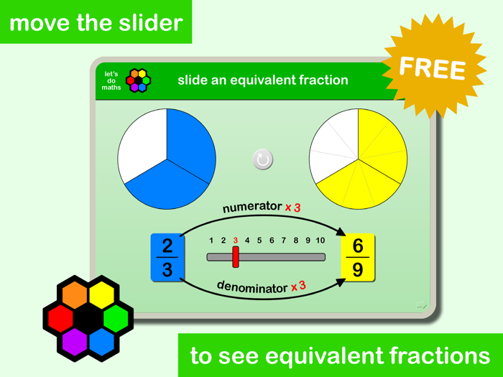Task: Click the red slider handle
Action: [236, 256]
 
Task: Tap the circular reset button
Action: [263, 159]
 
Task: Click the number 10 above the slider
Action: [320, 241]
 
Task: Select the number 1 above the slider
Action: [211, 241]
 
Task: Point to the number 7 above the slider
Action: [284, 241]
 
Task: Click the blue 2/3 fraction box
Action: [167, 257]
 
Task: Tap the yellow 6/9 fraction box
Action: [358, 257]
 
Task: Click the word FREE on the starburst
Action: [432, 68]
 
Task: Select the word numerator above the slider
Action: [251, 207]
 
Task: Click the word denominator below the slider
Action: [251, 287]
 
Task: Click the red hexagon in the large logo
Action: [60, 317]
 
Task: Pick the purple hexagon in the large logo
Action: [75, 342]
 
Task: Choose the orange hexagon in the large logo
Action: [74, 294]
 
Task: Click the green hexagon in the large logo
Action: [115, 317]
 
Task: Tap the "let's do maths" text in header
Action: [111, 80]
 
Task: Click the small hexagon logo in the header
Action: [139, 80]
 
